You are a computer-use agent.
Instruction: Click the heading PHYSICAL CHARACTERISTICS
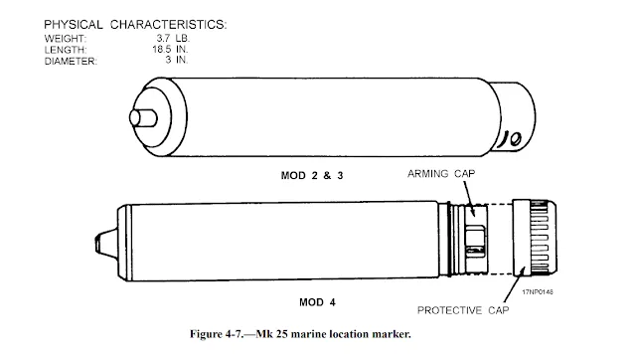(x=135, y=25)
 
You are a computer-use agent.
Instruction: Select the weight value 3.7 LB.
(x=173, y=39)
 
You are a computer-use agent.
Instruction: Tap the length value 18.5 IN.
(x=170, y=50)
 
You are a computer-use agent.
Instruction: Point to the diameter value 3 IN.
(x=177, y=60)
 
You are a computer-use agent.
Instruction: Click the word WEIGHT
(x=66, y=39)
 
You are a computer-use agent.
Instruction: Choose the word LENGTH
(x=66, y=50)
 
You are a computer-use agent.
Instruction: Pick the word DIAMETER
(x=71, y=62)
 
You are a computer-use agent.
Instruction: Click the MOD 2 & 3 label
(x=312, y=176)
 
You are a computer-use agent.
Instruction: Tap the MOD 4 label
(x=317, y=302)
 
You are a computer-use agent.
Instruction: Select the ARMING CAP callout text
(x=441, y=174)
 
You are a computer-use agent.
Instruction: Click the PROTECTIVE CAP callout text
(x=463, y=310)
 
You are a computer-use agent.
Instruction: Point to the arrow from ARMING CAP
(x=469, y=198)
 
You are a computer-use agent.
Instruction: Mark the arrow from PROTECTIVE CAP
(x=515, y=284)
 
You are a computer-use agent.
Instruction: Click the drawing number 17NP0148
(x=538, y=291)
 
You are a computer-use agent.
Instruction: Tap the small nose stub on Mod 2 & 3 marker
(x=143, y=117)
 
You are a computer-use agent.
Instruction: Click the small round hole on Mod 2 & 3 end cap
(x=515, y=139)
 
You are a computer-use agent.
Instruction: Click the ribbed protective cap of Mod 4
(x=535, y=238)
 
